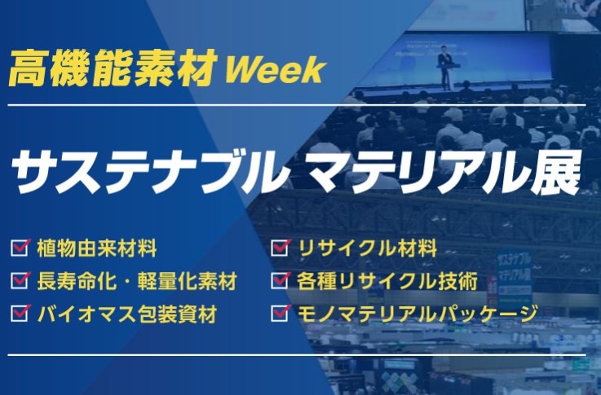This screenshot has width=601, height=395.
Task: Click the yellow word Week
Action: click(x=276, y=70)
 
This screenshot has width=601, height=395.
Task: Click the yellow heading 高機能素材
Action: click(x=113, y=68)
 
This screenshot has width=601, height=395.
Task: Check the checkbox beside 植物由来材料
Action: click(x=20, y=248)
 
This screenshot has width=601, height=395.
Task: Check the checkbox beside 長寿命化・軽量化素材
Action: click(x=20, y=280)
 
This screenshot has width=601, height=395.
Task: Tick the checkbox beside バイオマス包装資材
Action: click(x=20, y=313)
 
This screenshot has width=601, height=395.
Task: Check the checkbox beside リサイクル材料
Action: click(x=281, y=248)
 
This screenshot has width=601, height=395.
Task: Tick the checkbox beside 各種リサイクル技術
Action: click(x=281, y=280)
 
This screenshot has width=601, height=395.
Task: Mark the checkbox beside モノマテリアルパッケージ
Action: click(x=281, y=313)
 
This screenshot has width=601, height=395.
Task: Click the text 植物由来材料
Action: click(x=97, y=248)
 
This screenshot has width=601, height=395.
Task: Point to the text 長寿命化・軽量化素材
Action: click(x=137, y=281)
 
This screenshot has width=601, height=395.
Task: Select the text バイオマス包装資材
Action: click(x=127, y=314)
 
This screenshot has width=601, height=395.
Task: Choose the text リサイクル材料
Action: click(x=367, y=248)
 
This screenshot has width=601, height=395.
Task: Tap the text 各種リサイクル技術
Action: click(x=387, y=281)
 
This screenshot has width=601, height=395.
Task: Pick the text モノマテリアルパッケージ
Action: click(x=417, y=314)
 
